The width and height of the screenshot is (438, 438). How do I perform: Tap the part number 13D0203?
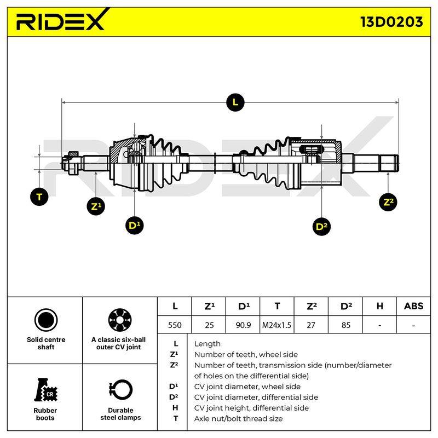(x=391, y=22)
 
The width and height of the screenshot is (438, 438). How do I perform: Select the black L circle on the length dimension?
(x=235, y=102)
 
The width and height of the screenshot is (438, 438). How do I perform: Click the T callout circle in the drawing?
(x=39, y=197)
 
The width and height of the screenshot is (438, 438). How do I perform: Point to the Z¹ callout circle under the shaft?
(x=96, y=206)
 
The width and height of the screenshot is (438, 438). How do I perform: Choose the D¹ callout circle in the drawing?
(x=134, y=225)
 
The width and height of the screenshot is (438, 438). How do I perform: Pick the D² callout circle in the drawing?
(x=321, y=226)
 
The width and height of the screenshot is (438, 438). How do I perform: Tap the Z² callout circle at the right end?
(x=388, y=202)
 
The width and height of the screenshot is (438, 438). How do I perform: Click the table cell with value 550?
(x=175, y=325)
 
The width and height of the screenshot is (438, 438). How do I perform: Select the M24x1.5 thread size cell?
(x=276, y=325)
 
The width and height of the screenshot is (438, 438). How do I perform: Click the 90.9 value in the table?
(x=243, y=325)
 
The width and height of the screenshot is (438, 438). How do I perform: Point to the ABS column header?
(x=413, y=306)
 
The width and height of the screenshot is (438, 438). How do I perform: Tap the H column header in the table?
(x=379, y=306)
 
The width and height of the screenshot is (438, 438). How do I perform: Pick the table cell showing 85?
(x=345, y=325)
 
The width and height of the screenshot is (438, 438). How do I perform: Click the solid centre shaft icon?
(x=46, y=320)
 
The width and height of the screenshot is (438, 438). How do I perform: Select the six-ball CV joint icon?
(x=120, y=320)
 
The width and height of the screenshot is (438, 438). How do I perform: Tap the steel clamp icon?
(x=120, y=390)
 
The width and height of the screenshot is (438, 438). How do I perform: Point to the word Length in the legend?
(x=208, y=344)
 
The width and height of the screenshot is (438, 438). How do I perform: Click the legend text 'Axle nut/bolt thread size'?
(x=238, y=418)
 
